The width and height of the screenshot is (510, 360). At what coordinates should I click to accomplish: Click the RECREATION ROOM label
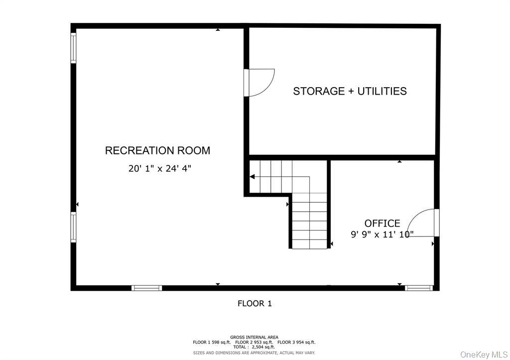click(x=157, y=150)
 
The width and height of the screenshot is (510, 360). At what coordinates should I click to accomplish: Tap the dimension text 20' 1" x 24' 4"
click(x=159, y=168)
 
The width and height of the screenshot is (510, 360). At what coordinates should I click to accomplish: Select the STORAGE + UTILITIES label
click(x=350, y=91)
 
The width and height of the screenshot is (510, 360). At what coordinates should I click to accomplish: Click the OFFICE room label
click(x=382, y=224)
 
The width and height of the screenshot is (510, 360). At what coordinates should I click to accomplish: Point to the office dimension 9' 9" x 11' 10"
click(x=382, y=234)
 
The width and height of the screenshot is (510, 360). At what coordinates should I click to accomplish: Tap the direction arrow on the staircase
click(x=253, y=176)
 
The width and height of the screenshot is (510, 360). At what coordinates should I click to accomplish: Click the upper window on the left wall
click(x=73, y=48)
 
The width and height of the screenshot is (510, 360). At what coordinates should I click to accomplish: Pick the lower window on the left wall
click(x=73, y=228)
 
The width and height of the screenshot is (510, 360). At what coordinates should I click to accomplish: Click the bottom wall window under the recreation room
click(x=146, y=288)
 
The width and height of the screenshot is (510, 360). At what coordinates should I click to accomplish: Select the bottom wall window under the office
click(x=418, y=288)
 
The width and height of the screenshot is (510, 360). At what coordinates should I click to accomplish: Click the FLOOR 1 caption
click(x=255, y=303)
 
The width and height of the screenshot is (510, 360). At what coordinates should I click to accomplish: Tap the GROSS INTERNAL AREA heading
click(x=254, y=337)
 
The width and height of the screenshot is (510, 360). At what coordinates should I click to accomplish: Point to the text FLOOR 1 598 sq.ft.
click(x=212, y=342)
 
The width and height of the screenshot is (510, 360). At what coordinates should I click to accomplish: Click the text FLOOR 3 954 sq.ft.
click(x=296, y=342)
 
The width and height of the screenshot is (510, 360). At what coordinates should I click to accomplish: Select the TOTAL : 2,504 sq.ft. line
click(x=254, y=347)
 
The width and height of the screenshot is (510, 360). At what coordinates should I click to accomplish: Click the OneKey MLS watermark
click(x=483, y=354)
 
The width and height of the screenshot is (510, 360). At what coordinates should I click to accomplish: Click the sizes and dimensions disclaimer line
click(x=254, y=353)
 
